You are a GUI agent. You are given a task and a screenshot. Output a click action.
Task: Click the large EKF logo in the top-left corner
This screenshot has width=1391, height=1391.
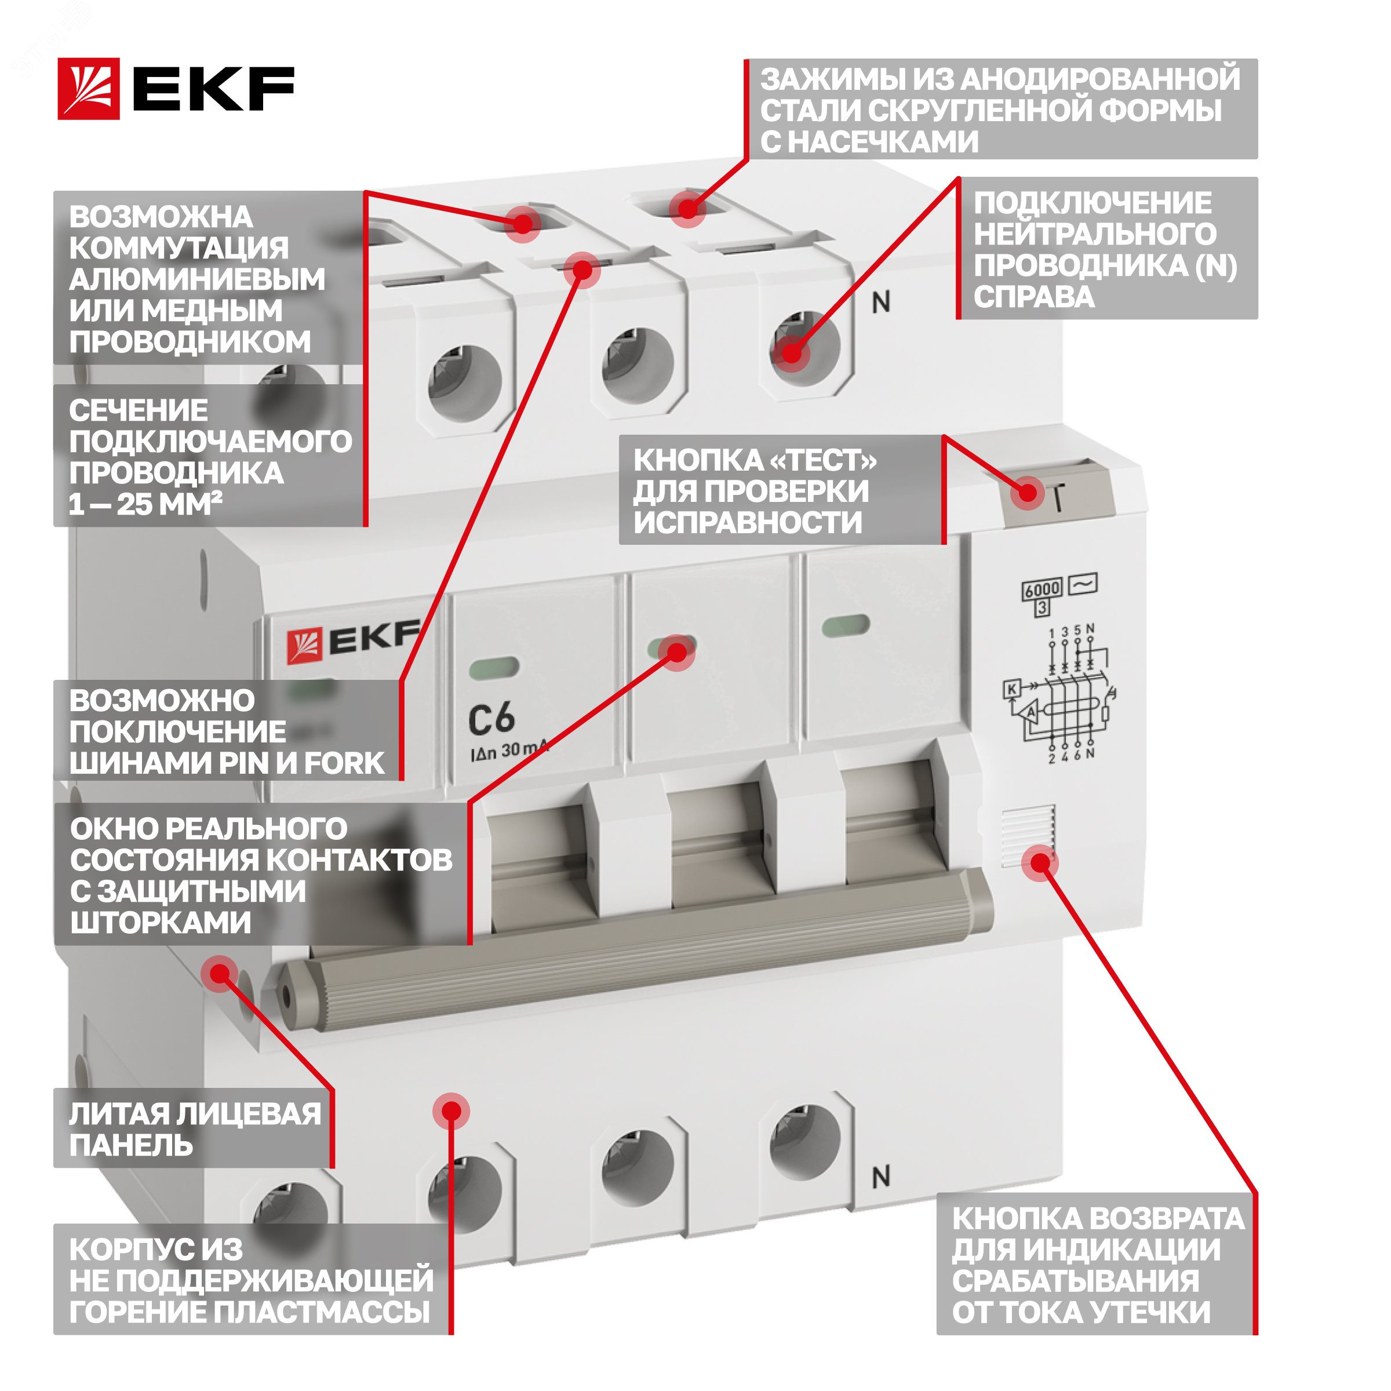(x=176, y=89)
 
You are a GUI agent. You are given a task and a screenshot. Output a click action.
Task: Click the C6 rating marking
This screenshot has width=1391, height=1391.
(x=491, y=718)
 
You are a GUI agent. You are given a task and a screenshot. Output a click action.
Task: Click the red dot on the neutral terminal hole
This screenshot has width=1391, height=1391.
(x=791, y=353)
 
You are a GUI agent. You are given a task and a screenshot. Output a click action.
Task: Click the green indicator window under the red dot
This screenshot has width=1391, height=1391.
(x=672, y=647)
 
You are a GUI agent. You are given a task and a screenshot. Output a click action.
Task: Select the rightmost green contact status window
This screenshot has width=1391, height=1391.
(x=846, y=626)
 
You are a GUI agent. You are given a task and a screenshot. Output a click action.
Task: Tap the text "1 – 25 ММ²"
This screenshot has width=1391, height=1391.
(x=145, y=504)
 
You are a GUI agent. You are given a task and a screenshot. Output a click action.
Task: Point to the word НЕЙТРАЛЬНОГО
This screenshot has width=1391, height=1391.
(x=1095, y=234)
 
